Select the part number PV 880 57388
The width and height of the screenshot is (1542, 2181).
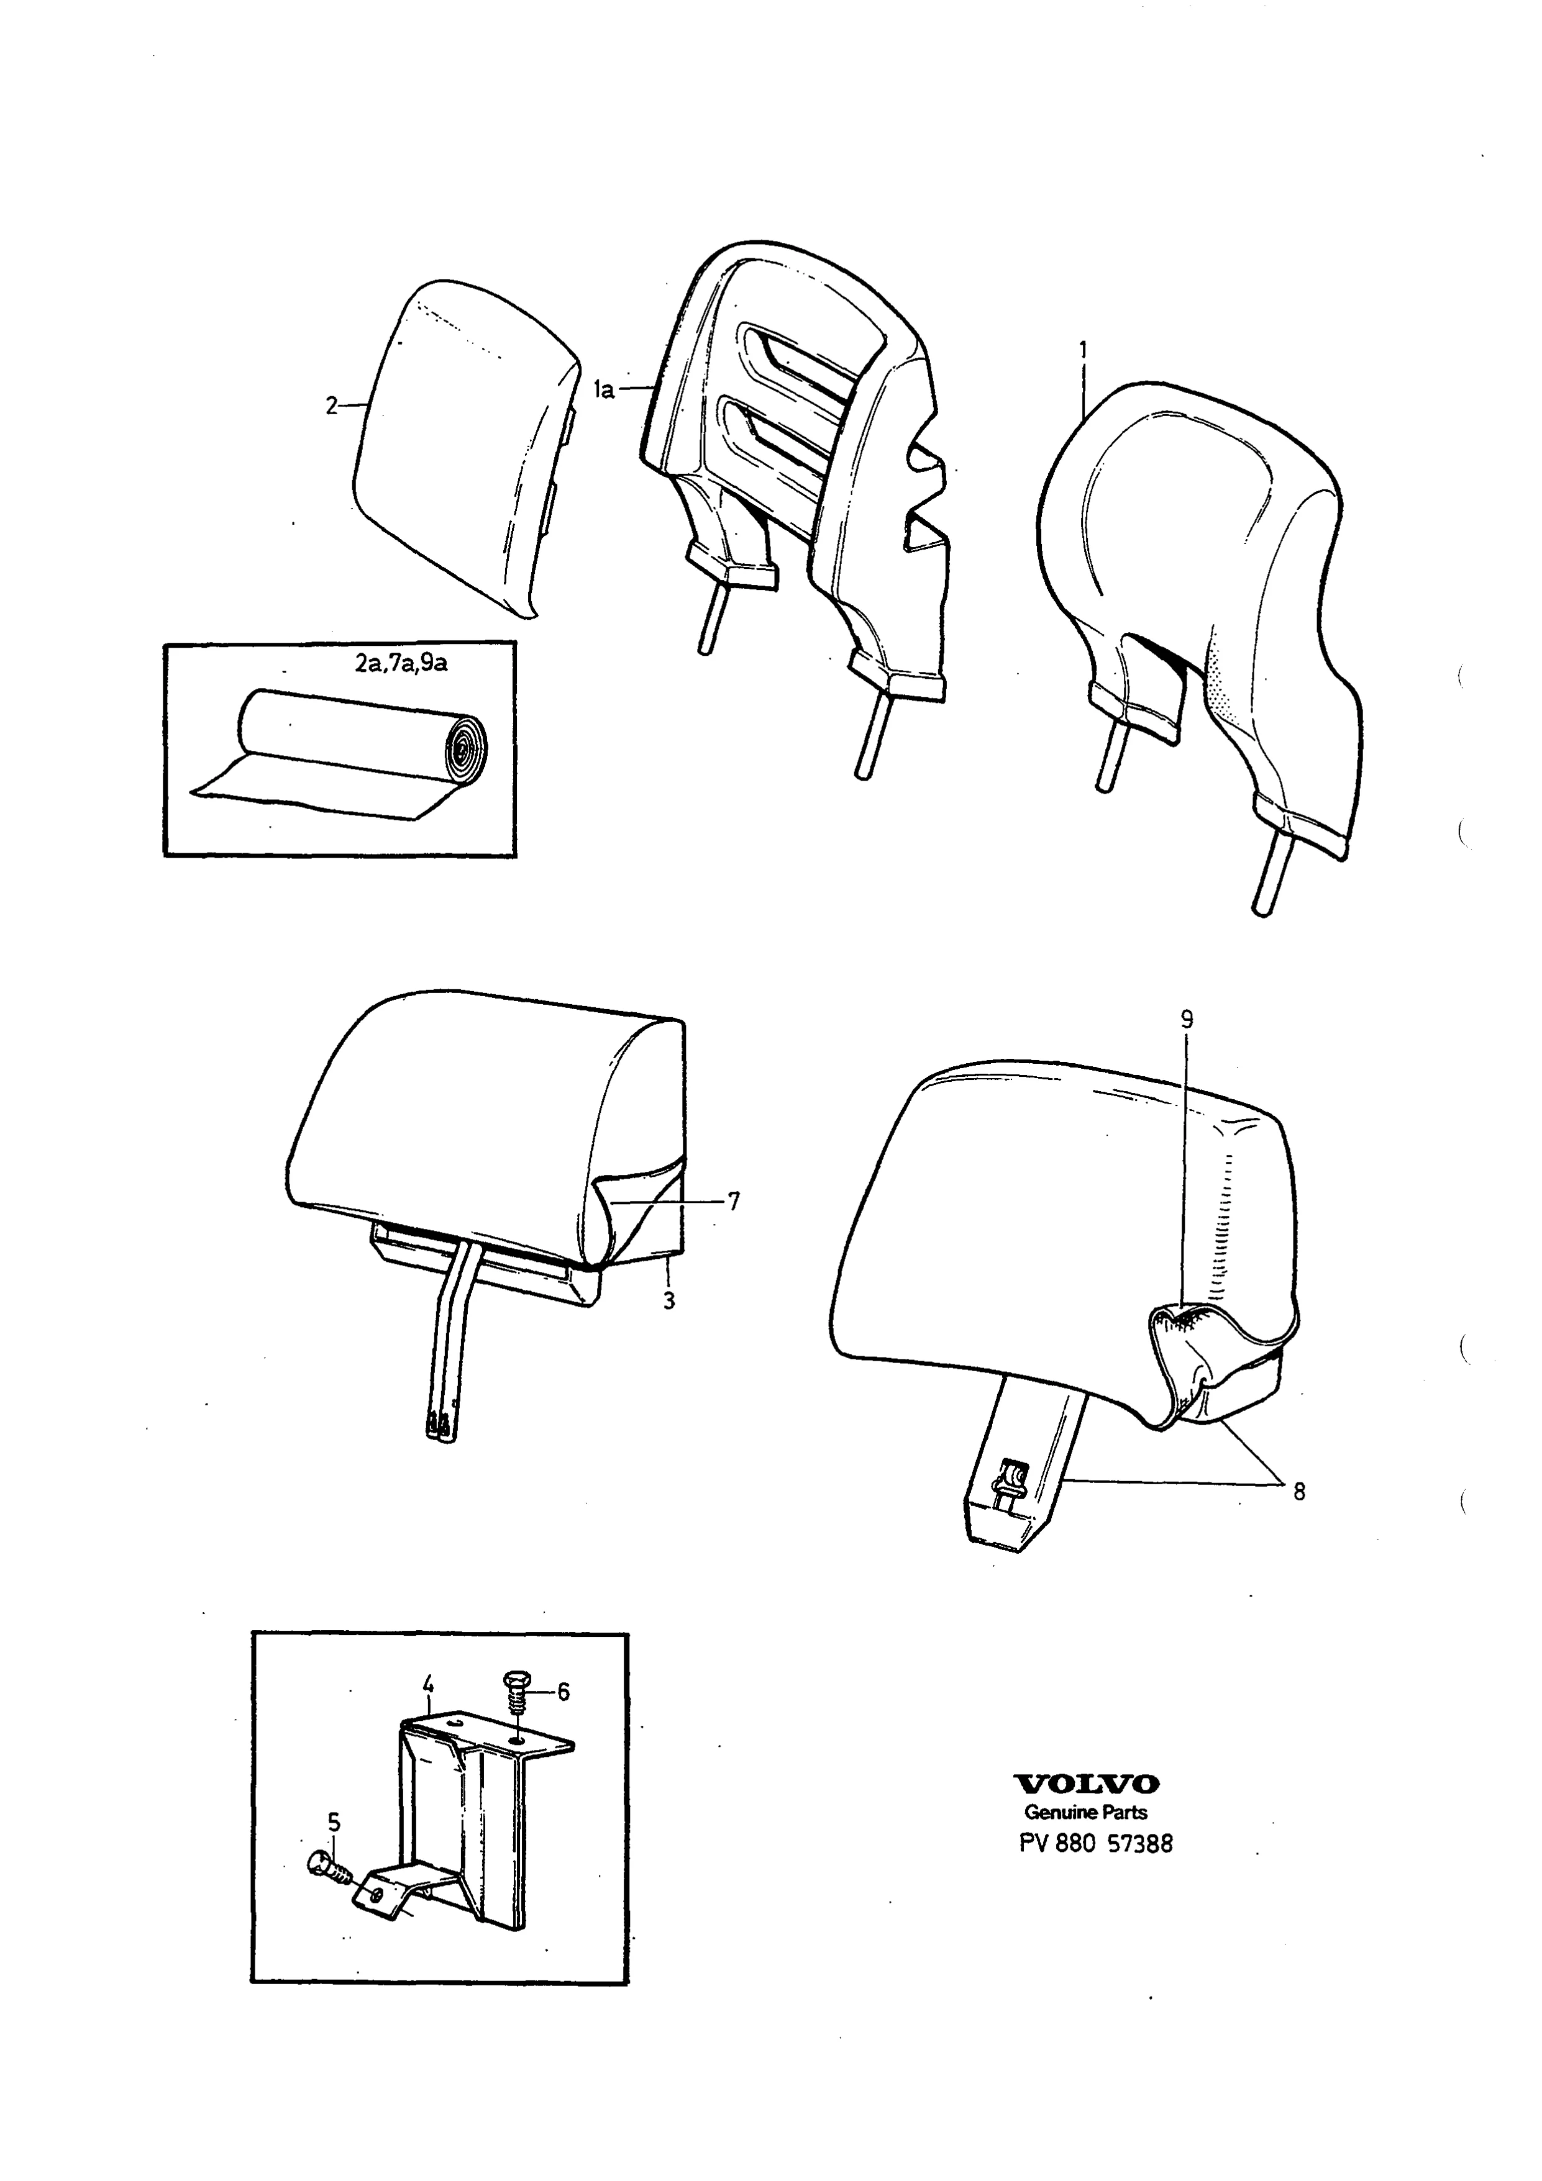click(1095, 1844)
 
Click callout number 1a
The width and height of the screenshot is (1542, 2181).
click(604, 389)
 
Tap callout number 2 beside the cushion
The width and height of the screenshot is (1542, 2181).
click(331, 406)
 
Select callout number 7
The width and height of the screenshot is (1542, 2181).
click(732, 1202)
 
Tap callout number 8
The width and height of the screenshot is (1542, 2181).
click(1299, 1491)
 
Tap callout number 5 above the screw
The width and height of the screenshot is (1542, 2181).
click(334, 1822)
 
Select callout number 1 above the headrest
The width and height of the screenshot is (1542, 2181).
click(1082, 350)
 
